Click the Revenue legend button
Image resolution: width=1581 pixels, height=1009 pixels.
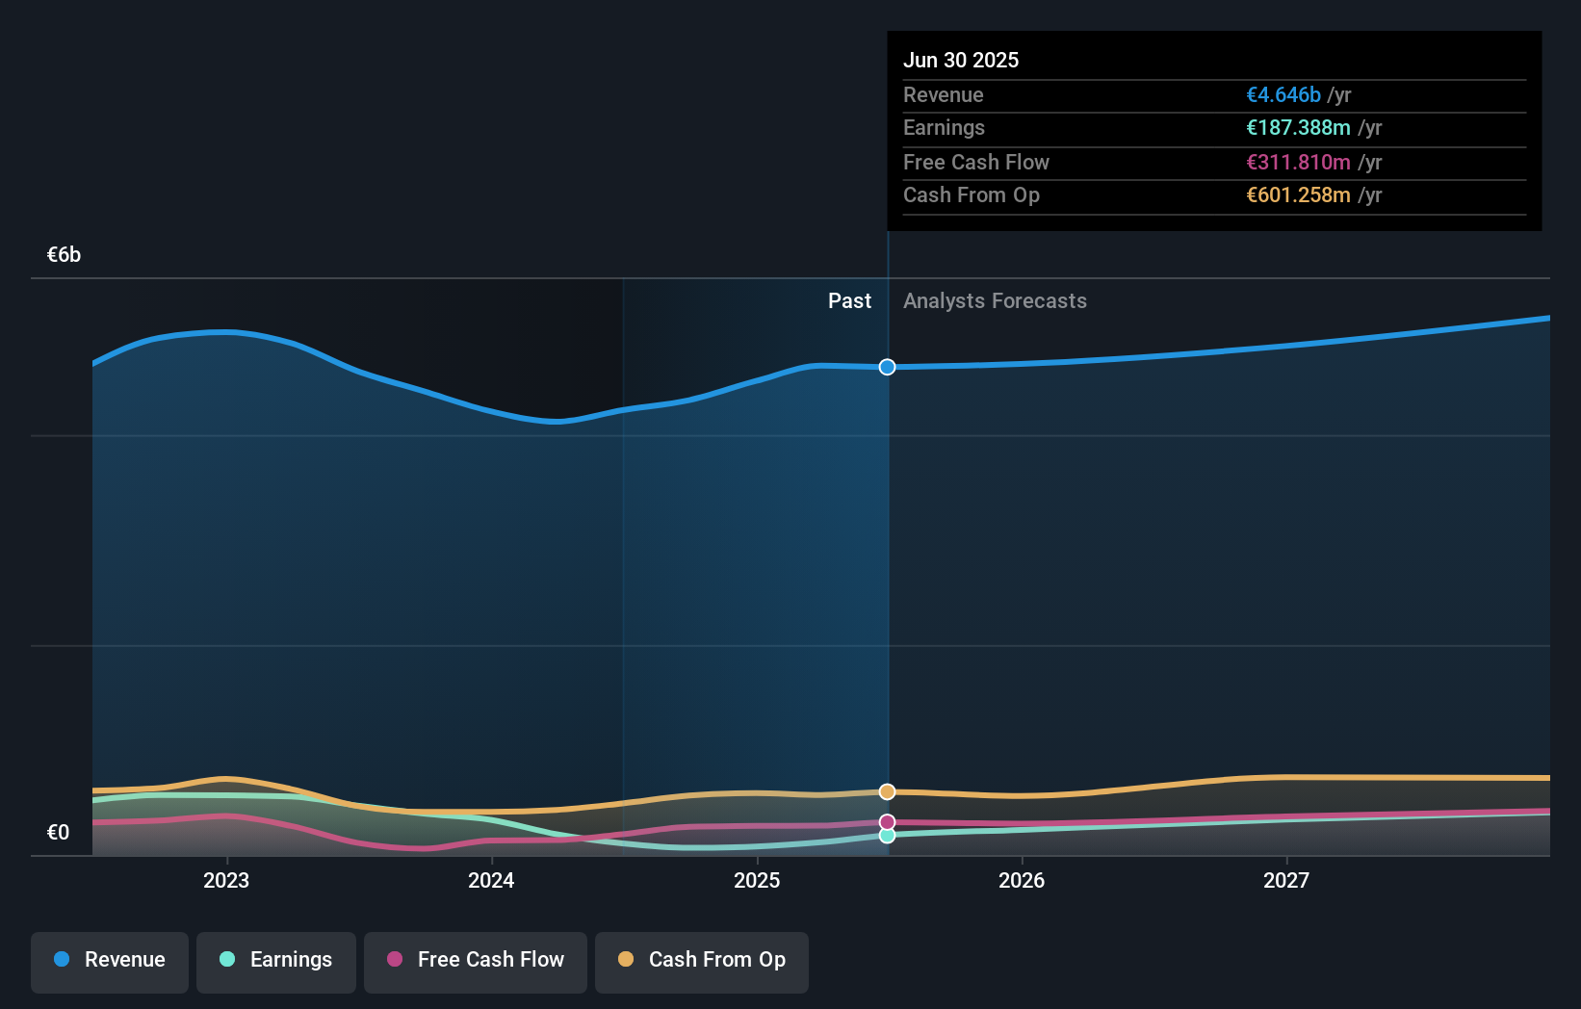pos(109,960)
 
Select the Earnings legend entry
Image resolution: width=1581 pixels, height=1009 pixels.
pos(275,960)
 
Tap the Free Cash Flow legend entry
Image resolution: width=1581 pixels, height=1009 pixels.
pos(475,960)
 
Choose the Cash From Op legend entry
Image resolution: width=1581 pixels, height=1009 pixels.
pos(701,960)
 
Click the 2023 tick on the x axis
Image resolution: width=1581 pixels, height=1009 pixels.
pos(226,880)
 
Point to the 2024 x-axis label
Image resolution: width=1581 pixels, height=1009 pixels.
pos(491,880)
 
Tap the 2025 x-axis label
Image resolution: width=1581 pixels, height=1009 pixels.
pos(757,880)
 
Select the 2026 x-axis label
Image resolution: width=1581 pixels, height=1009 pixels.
pos(1022,880)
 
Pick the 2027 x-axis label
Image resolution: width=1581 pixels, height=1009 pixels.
pos(1286,880)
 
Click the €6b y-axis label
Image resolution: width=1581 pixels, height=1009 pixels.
pos(64,255)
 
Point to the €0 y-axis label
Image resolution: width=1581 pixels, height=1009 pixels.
pos(58,833)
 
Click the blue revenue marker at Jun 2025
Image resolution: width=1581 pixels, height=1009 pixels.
pos(887,367)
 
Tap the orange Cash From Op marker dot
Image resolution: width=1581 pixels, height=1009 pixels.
pos(887,791)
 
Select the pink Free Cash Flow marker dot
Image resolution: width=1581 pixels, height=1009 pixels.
pos(887,822)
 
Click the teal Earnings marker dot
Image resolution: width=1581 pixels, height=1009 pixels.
pos(887,836)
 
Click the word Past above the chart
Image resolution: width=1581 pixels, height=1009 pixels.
pos(849,301)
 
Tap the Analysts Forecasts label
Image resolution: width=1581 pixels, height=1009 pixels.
pos(995,301)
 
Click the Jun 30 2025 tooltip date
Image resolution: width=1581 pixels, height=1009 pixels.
pos(960,60)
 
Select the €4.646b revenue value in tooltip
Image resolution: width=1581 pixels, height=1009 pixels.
pos(1283,95)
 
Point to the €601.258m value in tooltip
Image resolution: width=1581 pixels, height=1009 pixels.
pos(1298,195)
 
